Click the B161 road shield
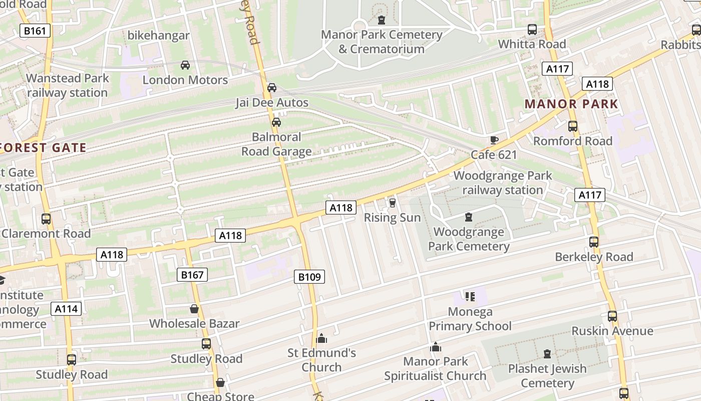pos(35,31)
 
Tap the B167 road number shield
pos(192,275)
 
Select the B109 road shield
pos(309,277)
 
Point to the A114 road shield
pos(66,309)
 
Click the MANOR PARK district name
pos(571,104)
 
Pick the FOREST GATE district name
pos(44,148)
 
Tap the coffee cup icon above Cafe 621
pos(494,140)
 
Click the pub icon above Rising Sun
pos(392,203)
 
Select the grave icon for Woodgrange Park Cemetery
pos(469,217)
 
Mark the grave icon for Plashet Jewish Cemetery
pos(547,354)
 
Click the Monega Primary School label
pos(470,319)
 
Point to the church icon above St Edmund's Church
pos(322,338)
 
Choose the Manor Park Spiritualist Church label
pos(435,368)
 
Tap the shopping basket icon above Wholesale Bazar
pos(194,309)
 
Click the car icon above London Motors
pos(185,65)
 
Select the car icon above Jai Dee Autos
pos(272,88)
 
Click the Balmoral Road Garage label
pos(276,144)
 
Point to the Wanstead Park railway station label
pos(68,85)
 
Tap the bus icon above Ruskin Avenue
pos(612,316)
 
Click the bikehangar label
pos(159,36)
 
